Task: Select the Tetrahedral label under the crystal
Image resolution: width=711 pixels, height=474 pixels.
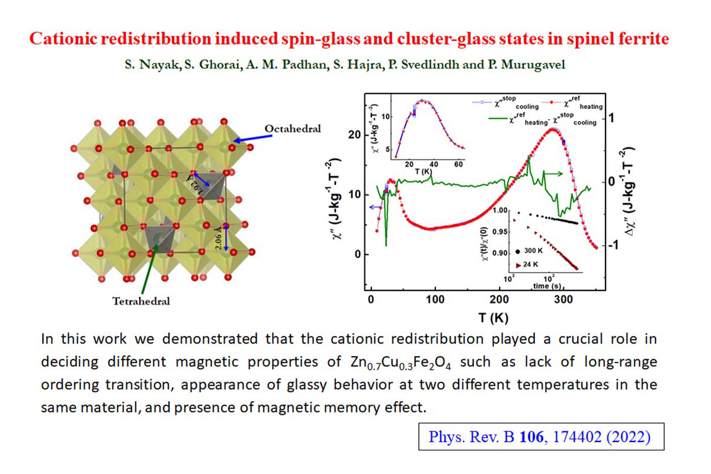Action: pyautogui.click(x=142, y=301)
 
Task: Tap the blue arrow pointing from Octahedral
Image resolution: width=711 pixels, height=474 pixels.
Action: pyautogui.click(x=249, y=137)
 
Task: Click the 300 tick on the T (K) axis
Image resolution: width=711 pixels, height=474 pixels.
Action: pyautogui.click(x=563, y=300)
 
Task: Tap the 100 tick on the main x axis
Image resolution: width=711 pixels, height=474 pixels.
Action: pyautogui.click(x=435, y=300)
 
